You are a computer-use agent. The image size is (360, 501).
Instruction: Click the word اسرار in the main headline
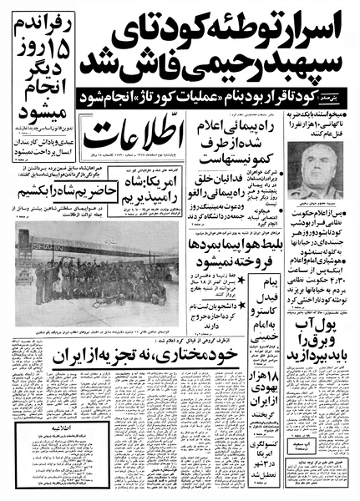tap(312, 29)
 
